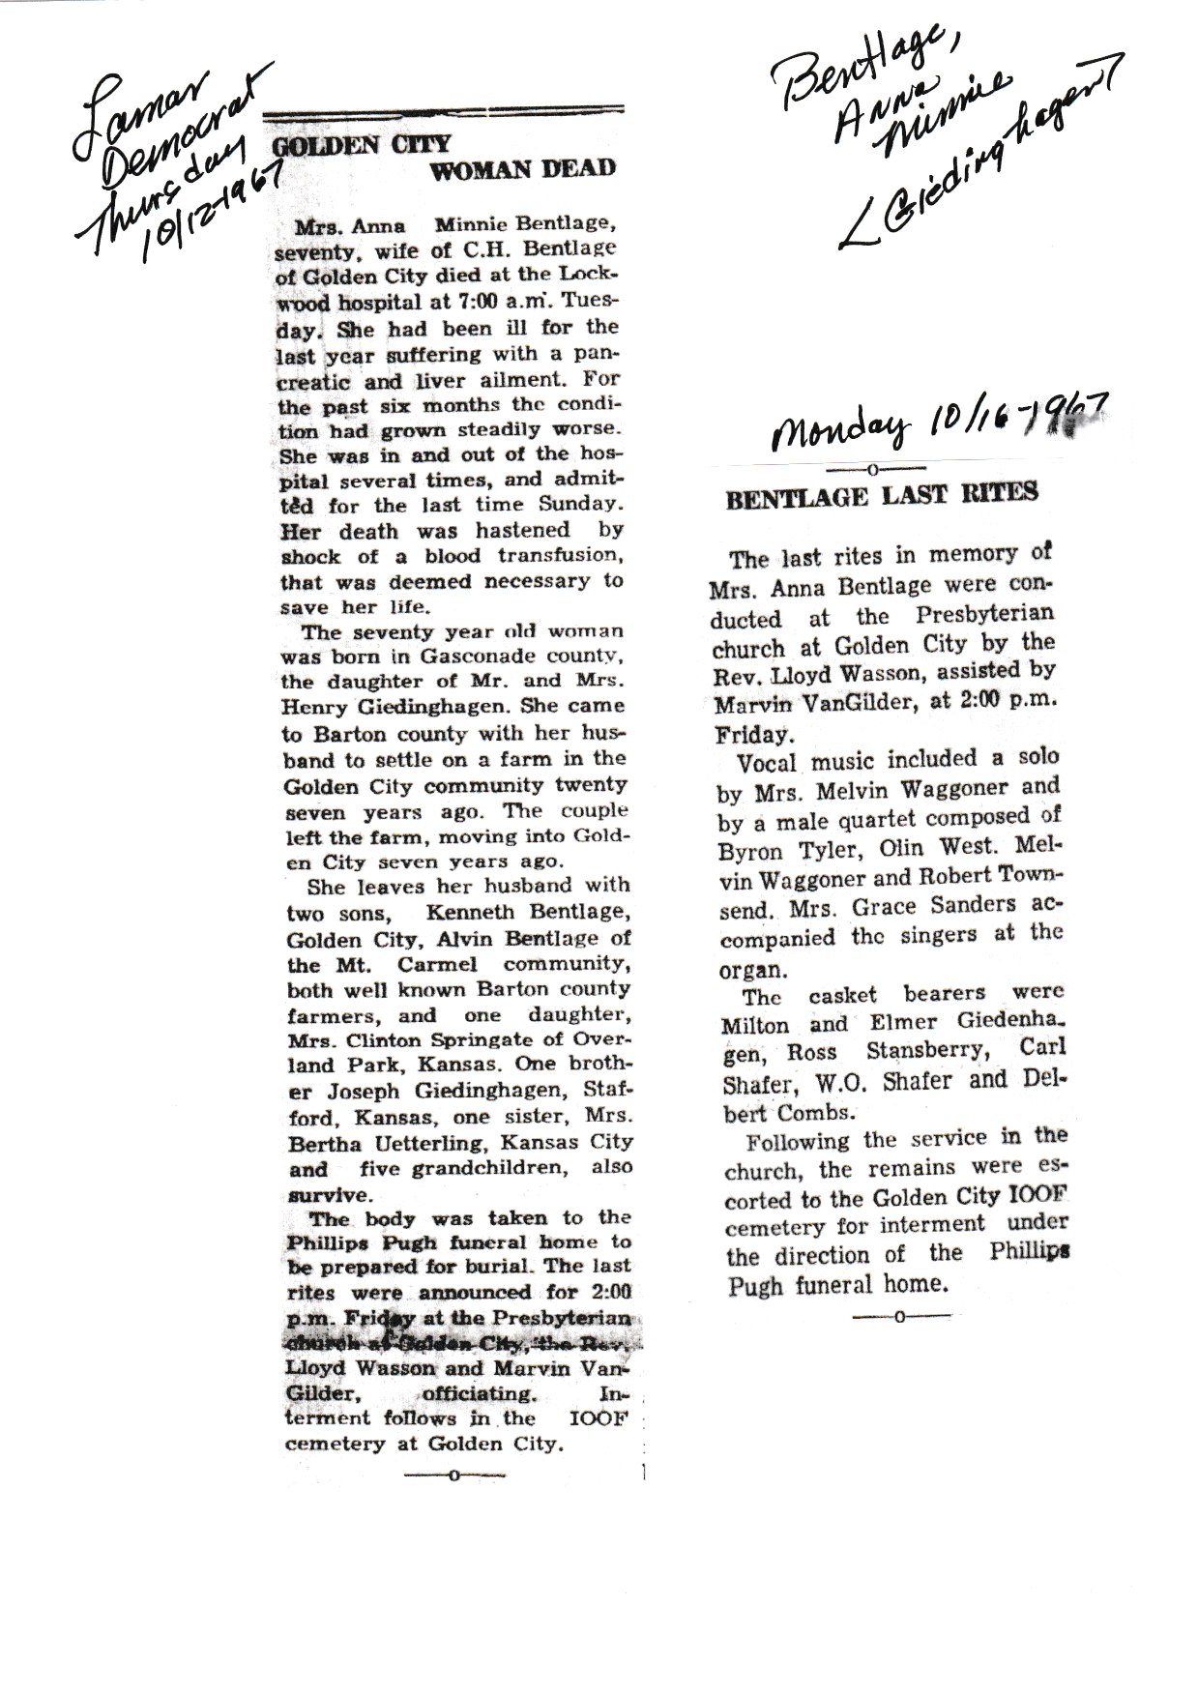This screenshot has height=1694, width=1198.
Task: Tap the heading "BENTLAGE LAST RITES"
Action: coord(882,494)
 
